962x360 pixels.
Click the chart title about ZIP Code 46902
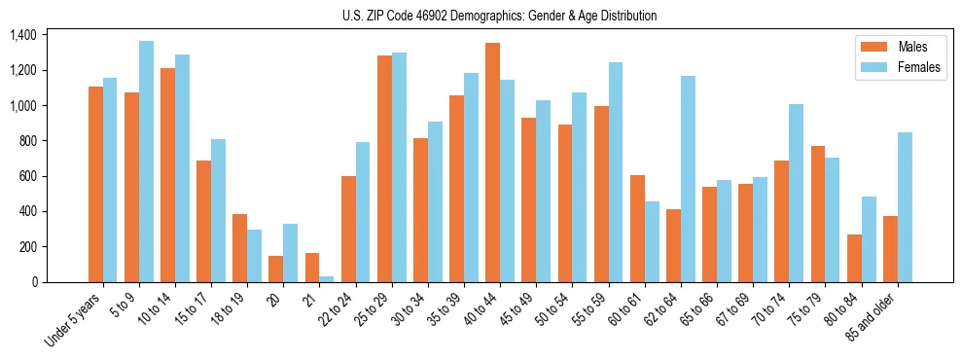click(x=499, y=16)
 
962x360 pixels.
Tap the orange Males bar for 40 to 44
click(x=492, y=162)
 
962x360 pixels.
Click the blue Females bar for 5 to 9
click(x=146, y=162)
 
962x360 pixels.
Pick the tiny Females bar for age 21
click(x=326, y=279)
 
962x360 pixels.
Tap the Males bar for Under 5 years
click(x=95, y=185)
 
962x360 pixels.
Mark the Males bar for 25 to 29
click(x=384, y=169)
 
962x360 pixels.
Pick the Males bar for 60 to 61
click(x=637, y=229)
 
